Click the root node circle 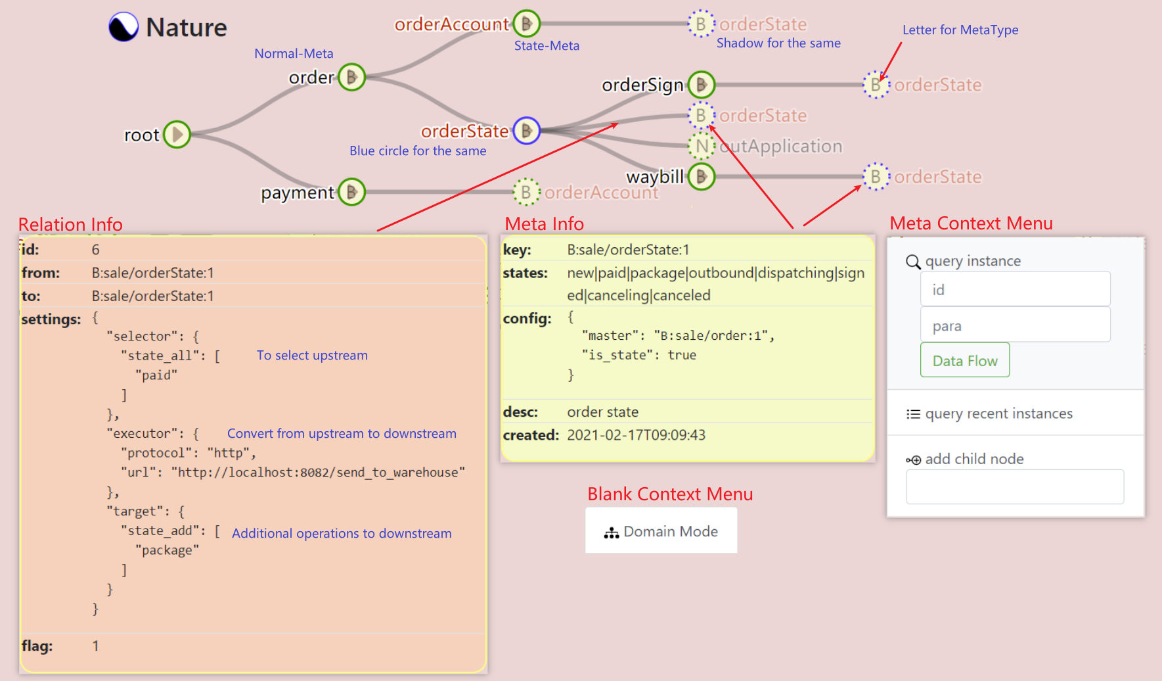coord(177,135)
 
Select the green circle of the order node coord(352,78)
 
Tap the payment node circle coord(352,192)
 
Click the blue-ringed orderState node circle coord(526,131)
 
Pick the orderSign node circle coord(702,85)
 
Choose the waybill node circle coord(702,176)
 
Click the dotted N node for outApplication coord(702,146)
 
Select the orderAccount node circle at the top coord(526,24)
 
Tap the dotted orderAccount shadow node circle coord(526,192)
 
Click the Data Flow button coord(964,360)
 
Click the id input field coord(1015,290)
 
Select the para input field coord(1015,325)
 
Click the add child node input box coord(1015,486)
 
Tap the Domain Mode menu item coord(661,531)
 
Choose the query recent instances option coord(998,413)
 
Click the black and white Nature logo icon coord(123,27)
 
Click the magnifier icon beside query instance coord(913,262)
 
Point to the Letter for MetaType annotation coord(960,30)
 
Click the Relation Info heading coord(70,224)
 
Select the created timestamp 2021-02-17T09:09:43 coord(636,435)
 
